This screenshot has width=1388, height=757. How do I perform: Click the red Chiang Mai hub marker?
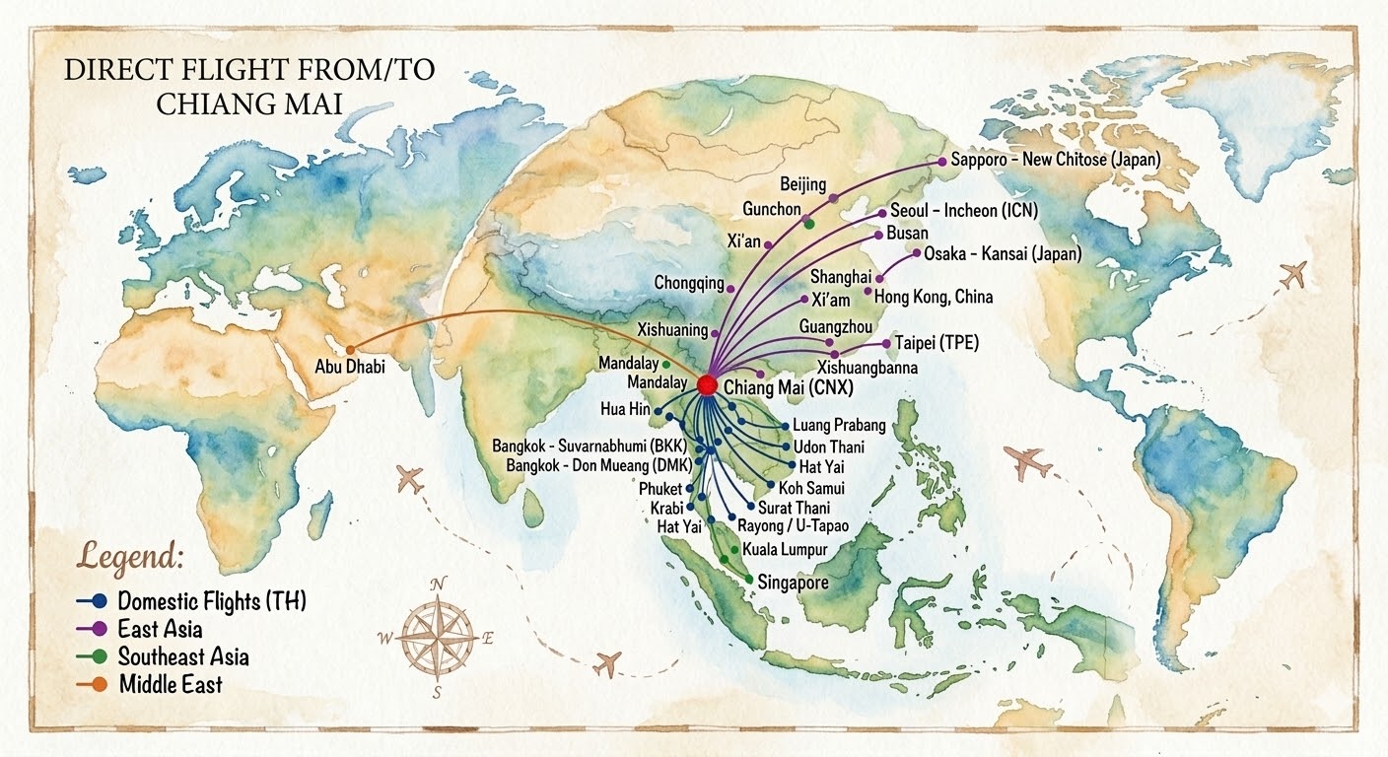click(707, 385)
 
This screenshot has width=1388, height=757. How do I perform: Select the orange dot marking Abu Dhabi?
click(350, 348)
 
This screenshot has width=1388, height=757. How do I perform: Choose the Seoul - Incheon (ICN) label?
click(963, 210)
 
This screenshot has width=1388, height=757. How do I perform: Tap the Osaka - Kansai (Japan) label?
click(1002, 253)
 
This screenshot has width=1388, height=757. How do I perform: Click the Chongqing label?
click(688, 283)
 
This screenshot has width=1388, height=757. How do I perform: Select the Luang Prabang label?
click(839, 426)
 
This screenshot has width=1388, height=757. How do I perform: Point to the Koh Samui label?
click(811, 488)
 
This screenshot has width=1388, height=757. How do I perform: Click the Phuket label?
click(660, 488)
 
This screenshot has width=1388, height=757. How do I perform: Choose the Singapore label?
click(793, 583)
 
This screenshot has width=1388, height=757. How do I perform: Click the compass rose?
click(435, 636)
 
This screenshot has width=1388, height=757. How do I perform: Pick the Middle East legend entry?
click(170, 683)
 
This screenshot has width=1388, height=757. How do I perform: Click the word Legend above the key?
click(130, 557)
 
